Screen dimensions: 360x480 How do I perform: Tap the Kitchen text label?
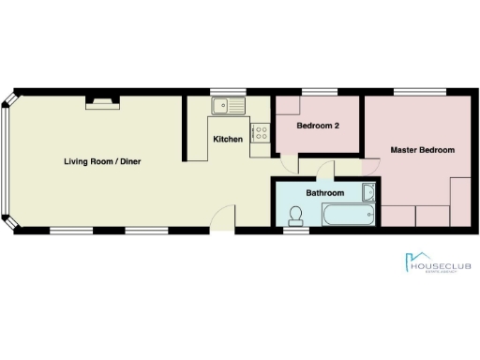point(228,139)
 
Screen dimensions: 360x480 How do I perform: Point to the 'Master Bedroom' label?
point(423,150)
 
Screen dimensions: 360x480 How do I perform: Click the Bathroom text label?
point(325,193)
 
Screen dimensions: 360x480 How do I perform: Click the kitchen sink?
point(227,105)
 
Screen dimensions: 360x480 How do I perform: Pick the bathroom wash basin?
point(368,194)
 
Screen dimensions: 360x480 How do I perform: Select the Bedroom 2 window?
point(317,92)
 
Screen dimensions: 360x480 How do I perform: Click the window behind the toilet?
point(297,231)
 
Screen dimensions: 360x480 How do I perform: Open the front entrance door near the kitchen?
point(222,217)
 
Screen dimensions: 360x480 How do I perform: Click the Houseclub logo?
point(437,265)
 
